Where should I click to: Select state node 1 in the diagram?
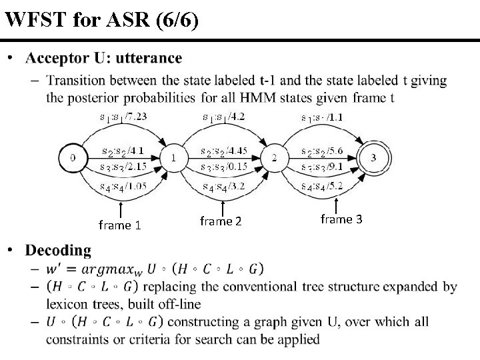(173, 159)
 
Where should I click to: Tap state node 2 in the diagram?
(273, 159)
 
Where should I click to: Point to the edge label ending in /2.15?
(125, 165)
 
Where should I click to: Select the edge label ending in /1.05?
(125, 186)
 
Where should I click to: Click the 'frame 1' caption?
(119, 225)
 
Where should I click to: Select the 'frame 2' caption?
(221, 221)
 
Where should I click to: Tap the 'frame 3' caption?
(341, 219)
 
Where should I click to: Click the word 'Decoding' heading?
(59, 251)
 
